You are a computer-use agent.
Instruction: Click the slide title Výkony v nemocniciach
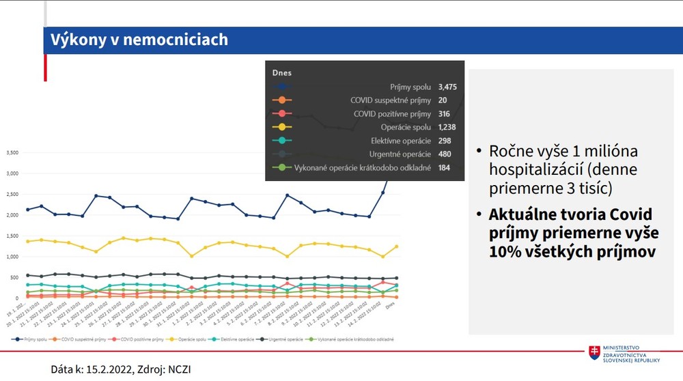click(x=139, y=40)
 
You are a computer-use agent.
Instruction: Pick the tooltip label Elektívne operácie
click(x=398, y=141)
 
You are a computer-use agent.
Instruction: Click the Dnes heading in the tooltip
click(x=282, y=72)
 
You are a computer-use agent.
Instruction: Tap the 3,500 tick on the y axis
click(x=13, y=153)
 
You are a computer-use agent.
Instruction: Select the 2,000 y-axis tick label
click(x=13, y=215)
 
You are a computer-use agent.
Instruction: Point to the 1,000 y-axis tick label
click(x=13, y=257)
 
